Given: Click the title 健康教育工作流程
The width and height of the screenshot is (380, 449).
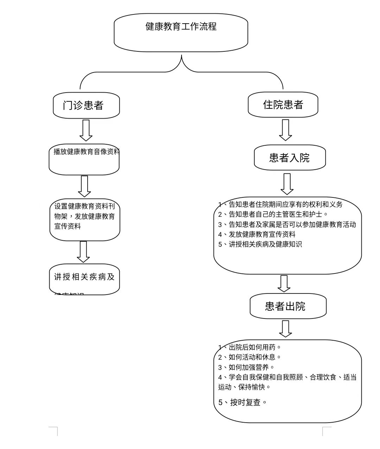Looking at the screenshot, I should pos(181,27).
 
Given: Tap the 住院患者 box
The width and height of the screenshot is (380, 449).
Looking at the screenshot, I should pos(283,105).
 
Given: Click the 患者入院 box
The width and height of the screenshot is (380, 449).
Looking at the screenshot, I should pos(290,158).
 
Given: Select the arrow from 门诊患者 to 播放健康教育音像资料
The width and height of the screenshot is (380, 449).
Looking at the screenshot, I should pos(86,130).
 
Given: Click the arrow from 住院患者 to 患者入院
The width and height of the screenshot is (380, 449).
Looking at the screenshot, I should pos(285,130).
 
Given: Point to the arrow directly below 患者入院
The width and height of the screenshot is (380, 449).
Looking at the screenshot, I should pos(287,184).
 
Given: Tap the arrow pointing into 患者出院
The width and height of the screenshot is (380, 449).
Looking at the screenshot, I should pos(284,284).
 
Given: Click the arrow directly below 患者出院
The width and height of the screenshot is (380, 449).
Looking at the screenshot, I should pos(285,329).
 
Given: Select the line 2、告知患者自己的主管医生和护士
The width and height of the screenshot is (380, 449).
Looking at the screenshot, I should pos(273,214).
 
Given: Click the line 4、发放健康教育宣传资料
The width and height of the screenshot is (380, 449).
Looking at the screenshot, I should pos(257,234).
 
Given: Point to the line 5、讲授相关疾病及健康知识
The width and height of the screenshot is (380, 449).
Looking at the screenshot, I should pos(260,244).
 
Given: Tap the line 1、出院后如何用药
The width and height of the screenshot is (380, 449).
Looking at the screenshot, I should pos(250,347).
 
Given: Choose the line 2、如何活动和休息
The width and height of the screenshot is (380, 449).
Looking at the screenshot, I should pos(250,357).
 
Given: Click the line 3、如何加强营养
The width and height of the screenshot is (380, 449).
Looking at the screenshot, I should pos(246,367).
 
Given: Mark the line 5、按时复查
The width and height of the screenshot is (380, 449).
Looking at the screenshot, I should pos(243,402).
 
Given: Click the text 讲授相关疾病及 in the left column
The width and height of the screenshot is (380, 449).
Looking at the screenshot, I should pos(84,277).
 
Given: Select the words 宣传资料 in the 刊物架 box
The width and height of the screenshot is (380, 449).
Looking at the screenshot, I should pos(68,226).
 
